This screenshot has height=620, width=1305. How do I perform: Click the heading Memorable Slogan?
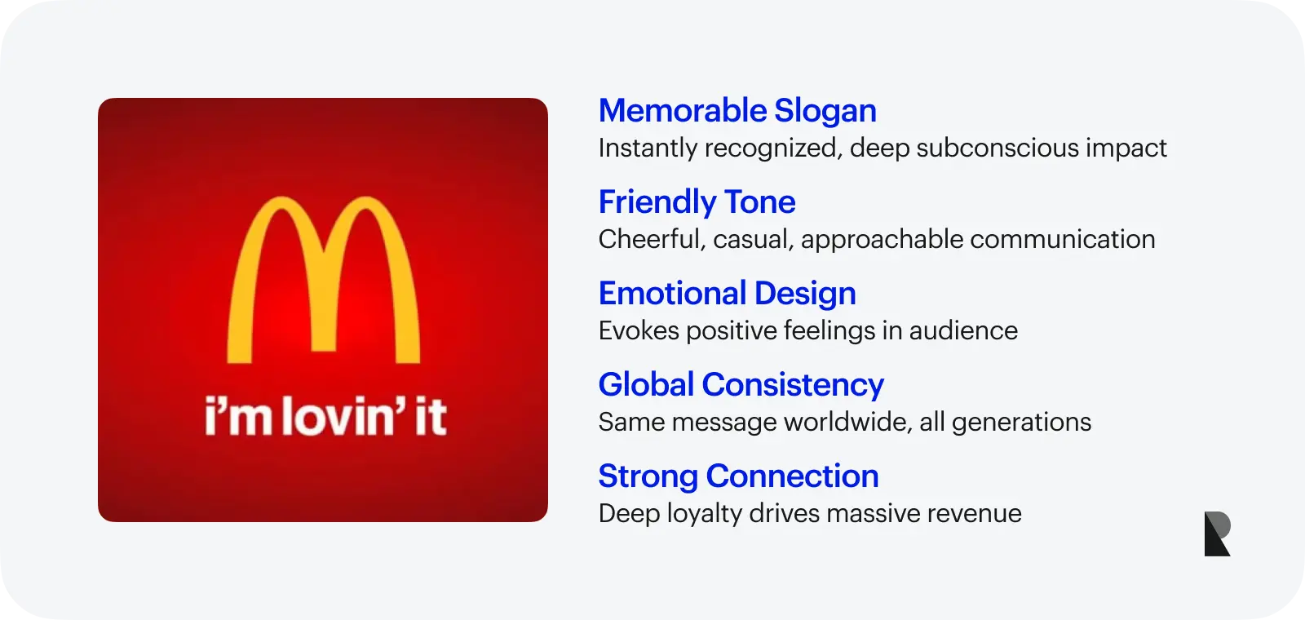[737, 111]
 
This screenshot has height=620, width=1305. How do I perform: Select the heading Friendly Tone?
[697, 202]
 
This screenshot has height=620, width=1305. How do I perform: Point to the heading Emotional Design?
[727, 294]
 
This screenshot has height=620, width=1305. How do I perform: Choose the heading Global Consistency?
[741, 385]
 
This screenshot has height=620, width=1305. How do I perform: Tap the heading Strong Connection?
[738, 476]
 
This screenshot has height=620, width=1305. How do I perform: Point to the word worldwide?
[847, 422]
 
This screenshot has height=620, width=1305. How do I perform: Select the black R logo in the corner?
[1217, 534]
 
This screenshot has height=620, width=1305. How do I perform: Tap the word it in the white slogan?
[430, 416]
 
